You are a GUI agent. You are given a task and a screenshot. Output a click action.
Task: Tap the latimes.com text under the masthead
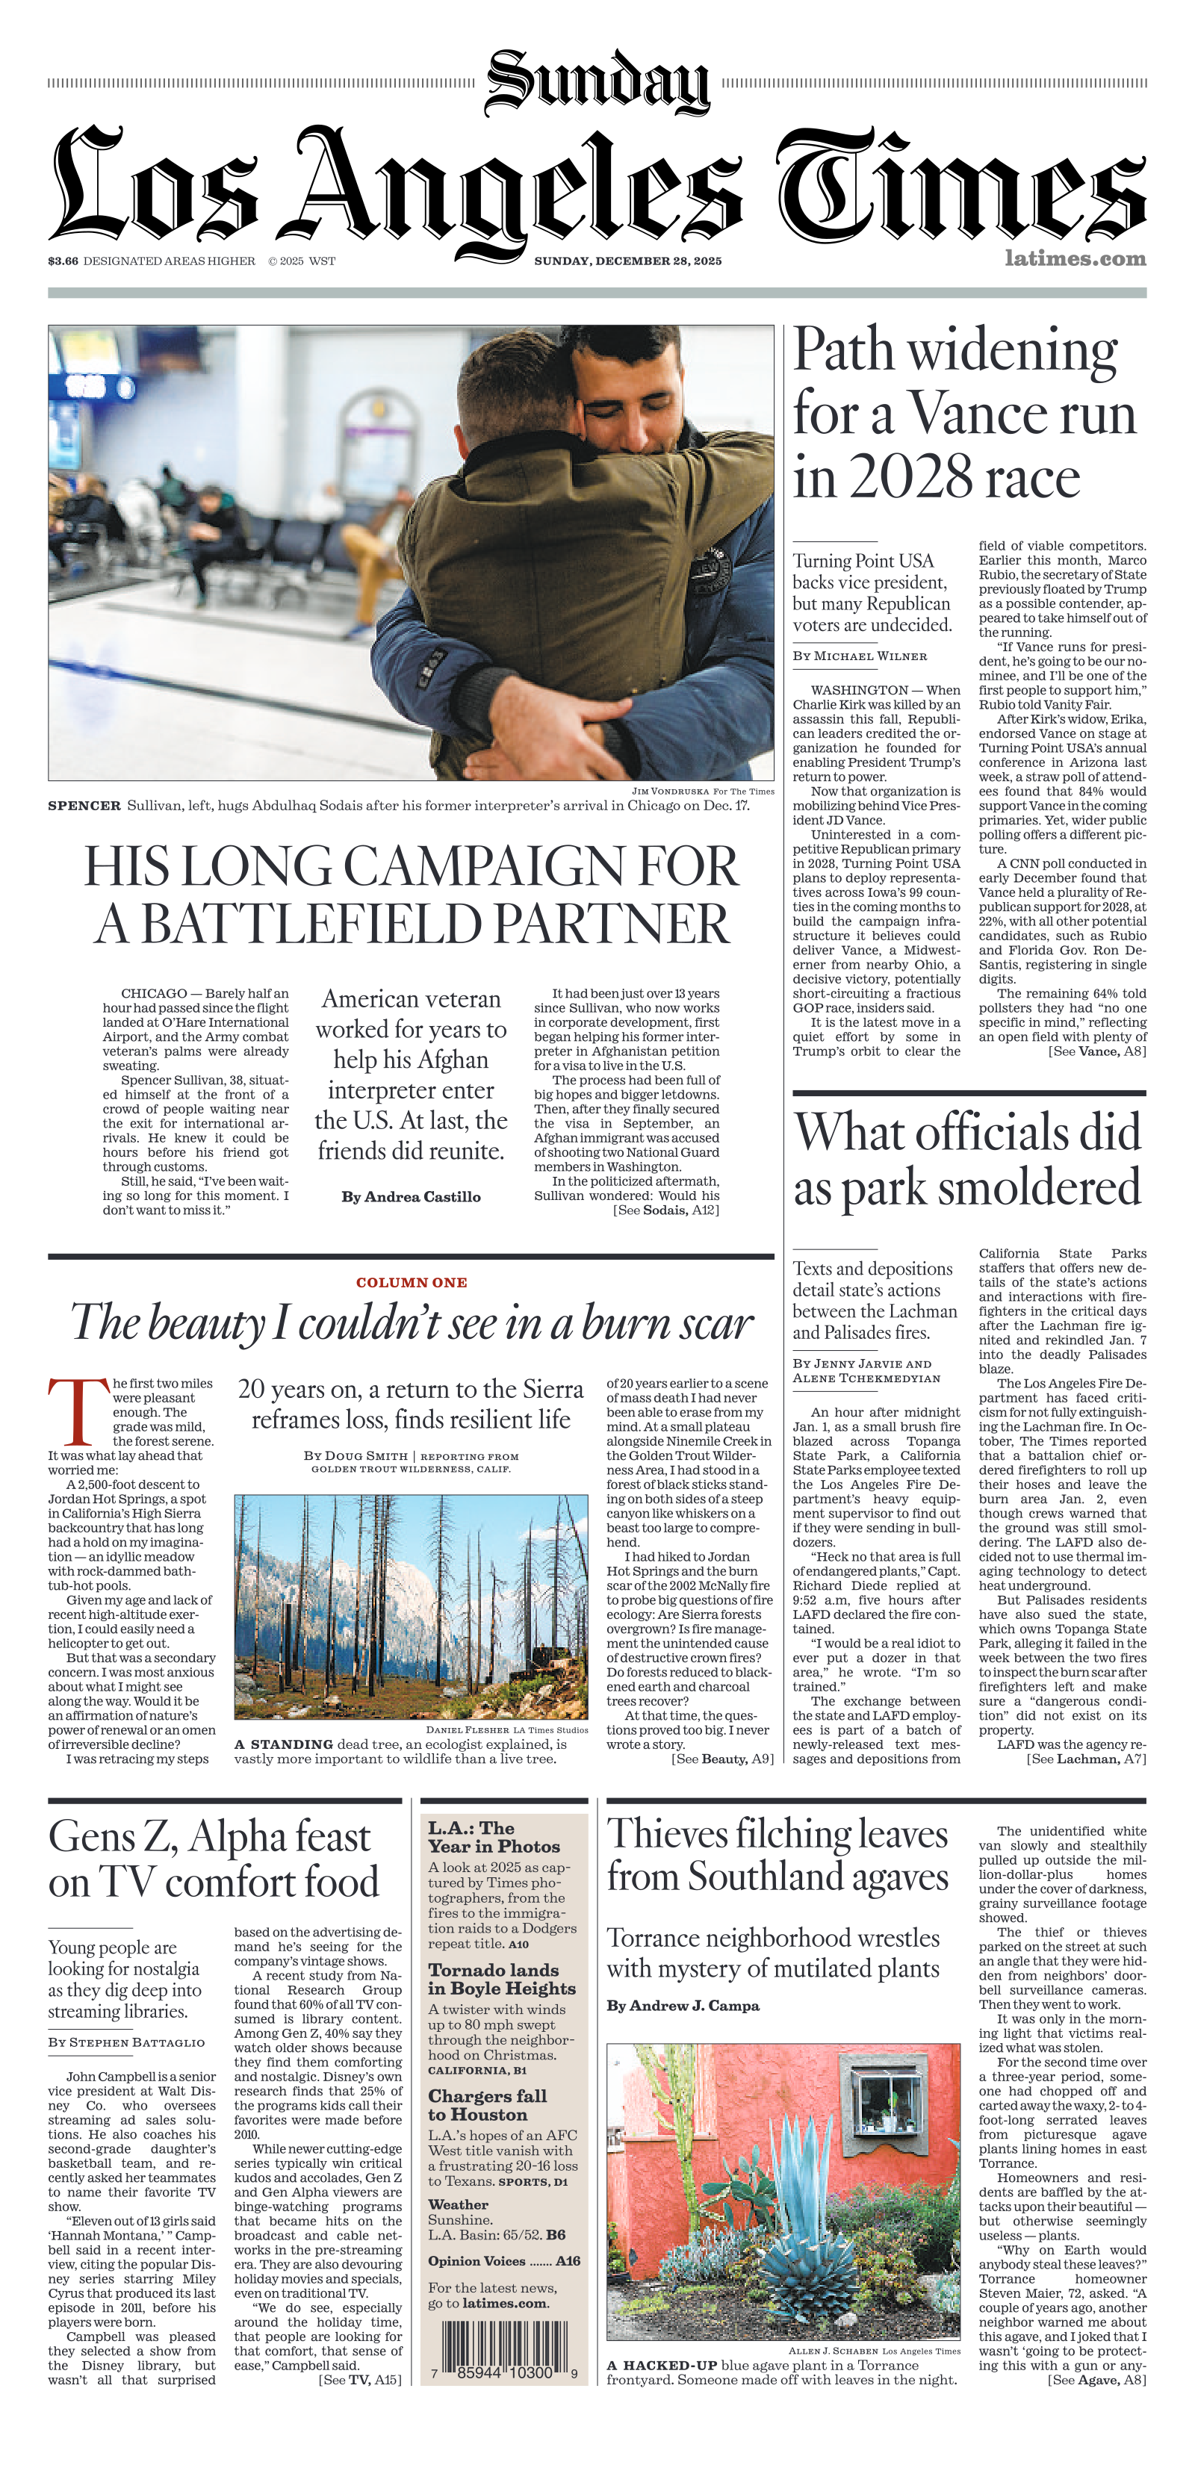(1075, 258)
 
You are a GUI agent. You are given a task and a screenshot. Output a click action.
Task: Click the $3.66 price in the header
(63, 261)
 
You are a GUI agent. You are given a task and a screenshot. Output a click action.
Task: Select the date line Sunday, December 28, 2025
(627, 261)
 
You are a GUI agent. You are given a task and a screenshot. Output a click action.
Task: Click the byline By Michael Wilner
(859, 656)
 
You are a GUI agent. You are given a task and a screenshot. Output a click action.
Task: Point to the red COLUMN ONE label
(412, 1282)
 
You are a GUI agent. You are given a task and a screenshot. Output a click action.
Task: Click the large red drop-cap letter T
(78, 1412)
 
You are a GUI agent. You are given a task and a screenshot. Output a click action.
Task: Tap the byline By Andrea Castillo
(411, 1197)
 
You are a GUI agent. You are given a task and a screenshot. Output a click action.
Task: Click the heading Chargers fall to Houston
(487, 2105)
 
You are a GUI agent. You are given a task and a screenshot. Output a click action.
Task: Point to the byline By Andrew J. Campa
(682, 2006)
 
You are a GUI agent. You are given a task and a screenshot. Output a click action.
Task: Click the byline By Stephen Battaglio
(126, 2042)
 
